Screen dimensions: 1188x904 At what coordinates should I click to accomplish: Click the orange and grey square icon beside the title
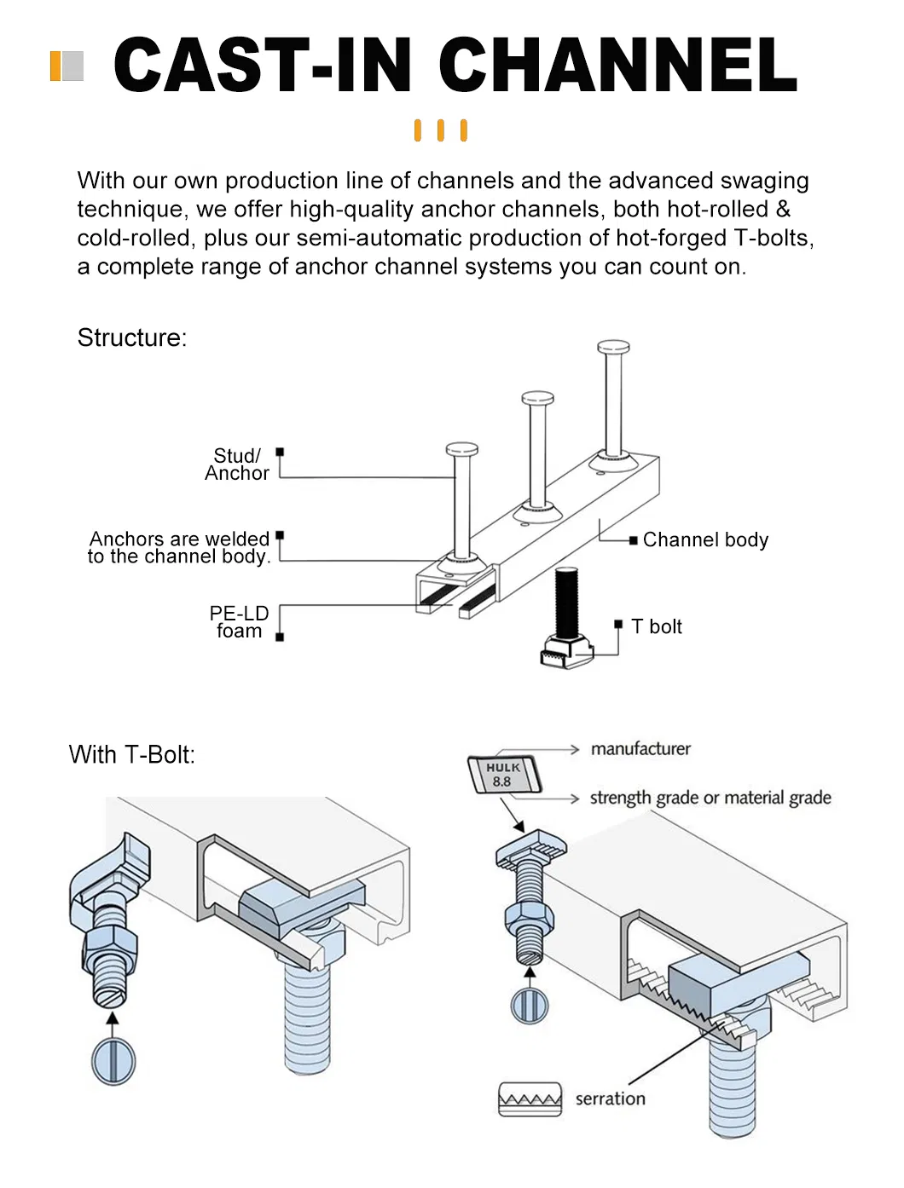click(x=67, y=66)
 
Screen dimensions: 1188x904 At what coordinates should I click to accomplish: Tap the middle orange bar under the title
click(x=441, y=130)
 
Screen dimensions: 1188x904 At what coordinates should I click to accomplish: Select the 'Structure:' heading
click(x=132, y=338)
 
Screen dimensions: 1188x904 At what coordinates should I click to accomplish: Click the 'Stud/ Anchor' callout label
click(x=237, y=464)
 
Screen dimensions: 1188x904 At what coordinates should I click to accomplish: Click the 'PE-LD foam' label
click(x=239, y=622)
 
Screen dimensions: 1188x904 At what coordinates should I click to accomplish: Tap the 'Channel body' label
click(x=705, y=540)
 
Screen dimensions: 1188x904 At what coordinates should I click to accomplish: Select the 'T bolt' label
click(x=657, y=627)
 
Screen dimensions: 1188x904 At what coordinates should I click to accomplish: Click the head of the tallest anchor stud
click(x=614, y=347)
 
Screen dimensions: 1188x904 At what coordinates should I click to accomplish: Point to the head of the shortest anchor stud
click(x=461, y=448)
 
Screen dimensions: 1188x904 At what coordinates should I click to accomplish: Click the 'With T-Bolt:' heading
click(x=132, y=755)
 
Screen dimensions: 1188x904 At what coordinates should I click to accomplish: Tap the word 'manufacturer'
click(x=640, y=749)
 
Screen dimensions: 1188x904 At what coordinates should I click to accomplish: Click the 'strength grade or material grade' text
click(x=710, y=799)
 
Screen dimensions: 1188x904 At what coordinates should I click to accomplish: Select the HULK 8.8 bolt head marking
click(x=504, y=775)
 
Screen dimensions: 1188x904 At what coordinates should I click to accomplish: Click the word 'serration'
click(x=611, y=1099)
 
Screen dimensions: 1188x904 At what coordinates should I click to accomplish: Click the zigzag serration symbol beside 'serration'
click(x=530, y=1099)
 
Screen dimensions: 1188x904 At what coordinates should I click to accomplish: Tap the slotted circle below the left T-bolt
click(x=113, y=1061)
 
